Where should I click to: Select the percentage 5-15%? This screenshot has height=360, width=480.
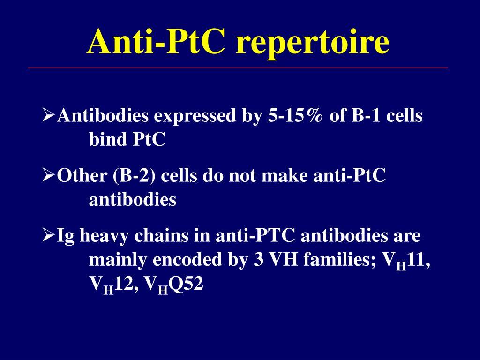tap(295, 116)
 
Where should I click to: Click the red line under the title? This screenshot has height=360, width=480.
tap(238, 68)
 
